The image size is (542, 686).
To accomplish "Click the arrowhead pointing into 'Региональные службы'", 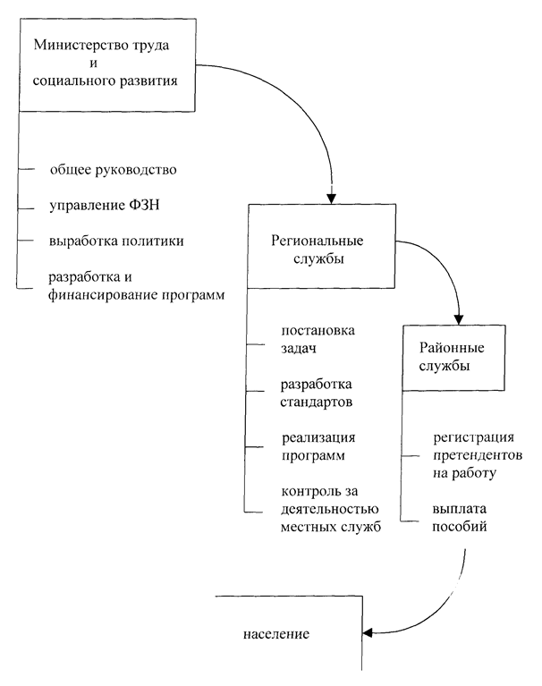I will click(332, 198).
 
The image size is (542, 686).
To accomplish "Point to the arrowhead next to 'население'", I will click(367, 635).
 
